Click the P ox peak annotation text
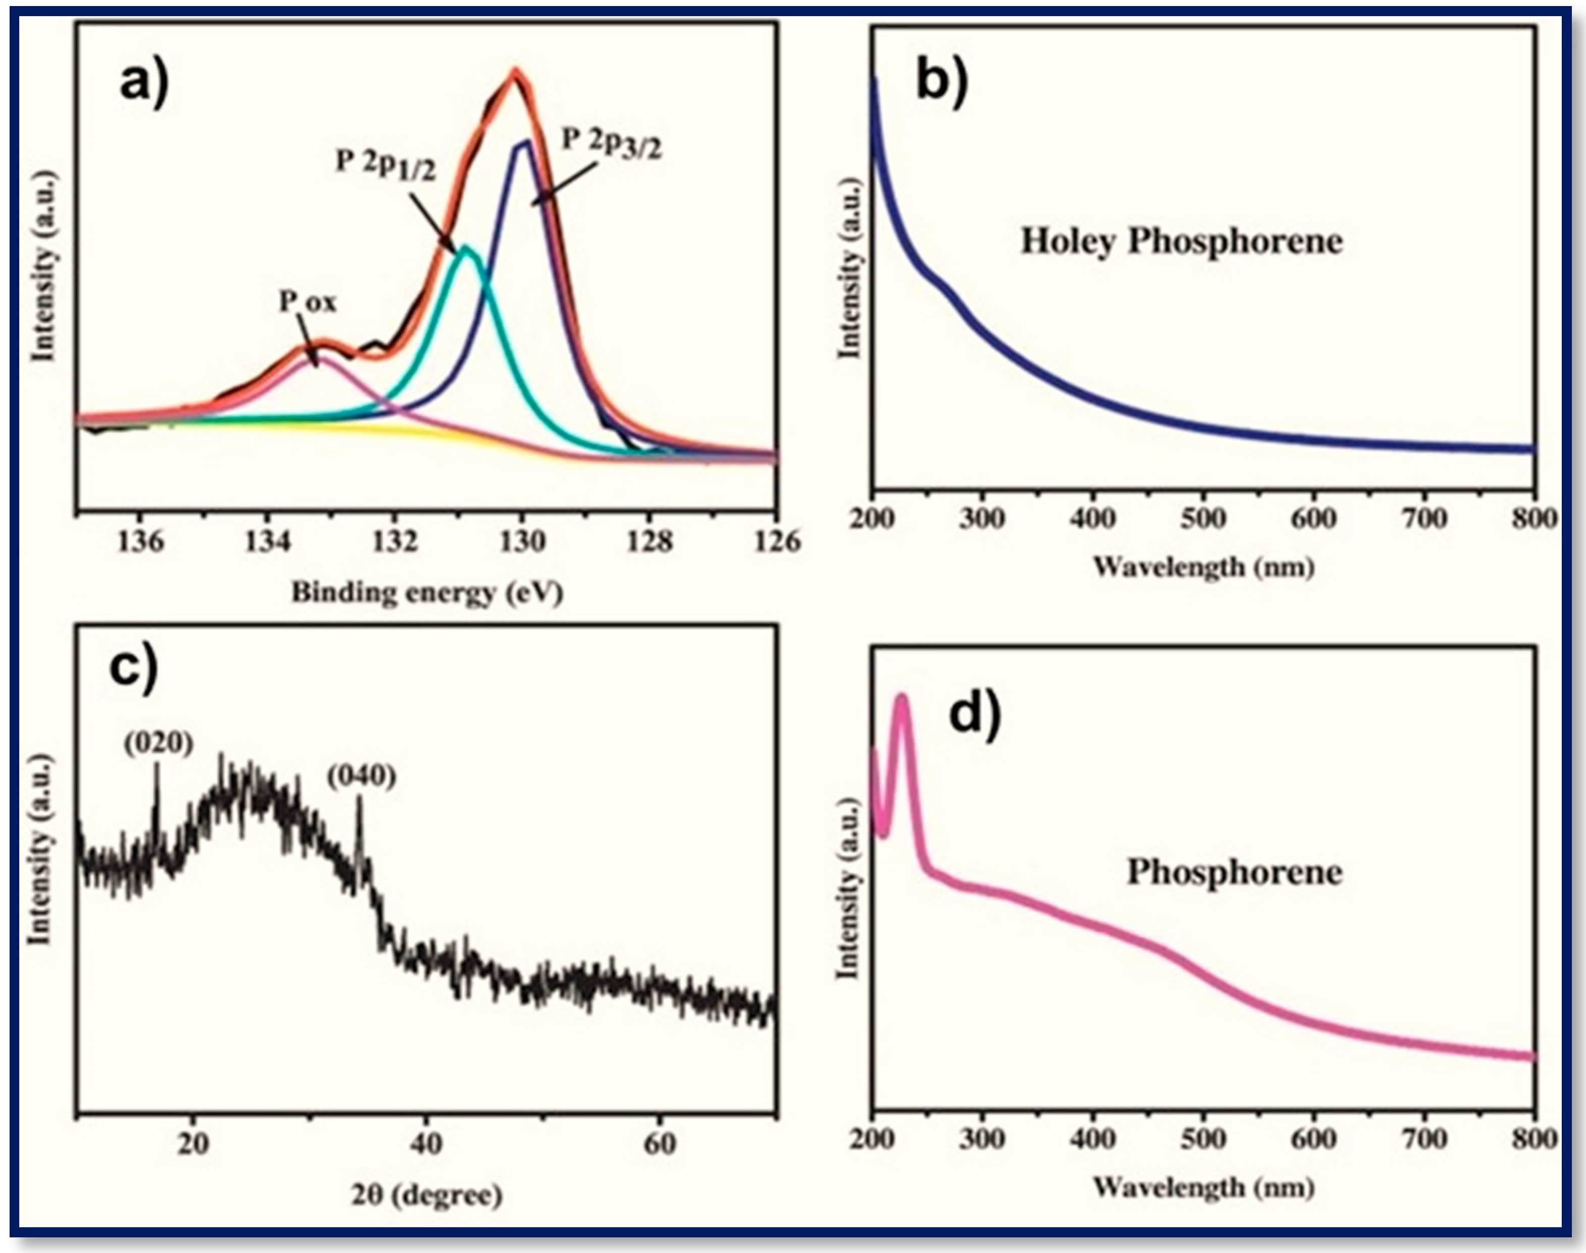point(308,301)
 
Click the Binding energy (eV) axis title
point(427,592)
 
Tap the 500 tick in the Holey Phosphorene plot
point(1204,518)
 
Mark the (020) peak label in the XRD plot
point(158,743)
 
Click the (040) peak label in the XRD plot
point(362,775)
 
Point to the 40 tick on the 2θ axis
point(426,1144)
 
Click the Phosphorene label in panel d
point(1234,872)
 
